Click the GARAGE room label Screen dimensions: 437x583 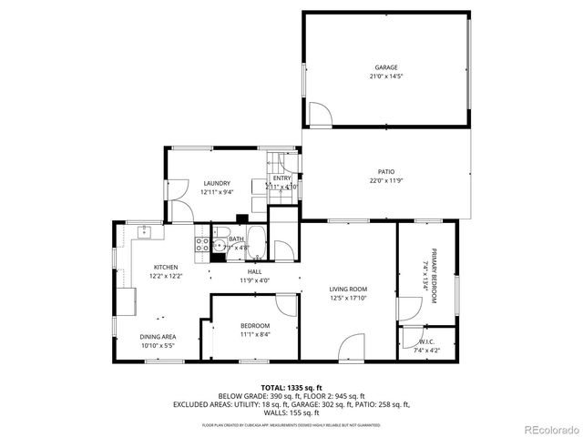[x=385, y=68]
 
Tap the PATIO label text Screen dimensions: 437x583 [x=385, y=171]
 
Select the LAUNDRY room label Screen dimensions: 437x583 [x=216, y=183]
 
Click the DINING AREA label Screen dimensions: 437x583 [x=158, y=337]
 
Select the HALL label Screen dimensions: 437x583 [x=255, y=271]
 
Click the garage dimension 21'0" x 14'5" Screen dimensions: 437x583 [x=385, y=77]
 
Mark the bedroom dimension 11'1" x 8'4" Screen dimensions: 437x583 [x=255, y=334]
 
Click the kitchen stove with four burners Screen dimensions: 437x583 [x=202, y=243]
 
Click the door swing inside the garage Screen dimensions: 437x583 [x=320, y=116]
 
